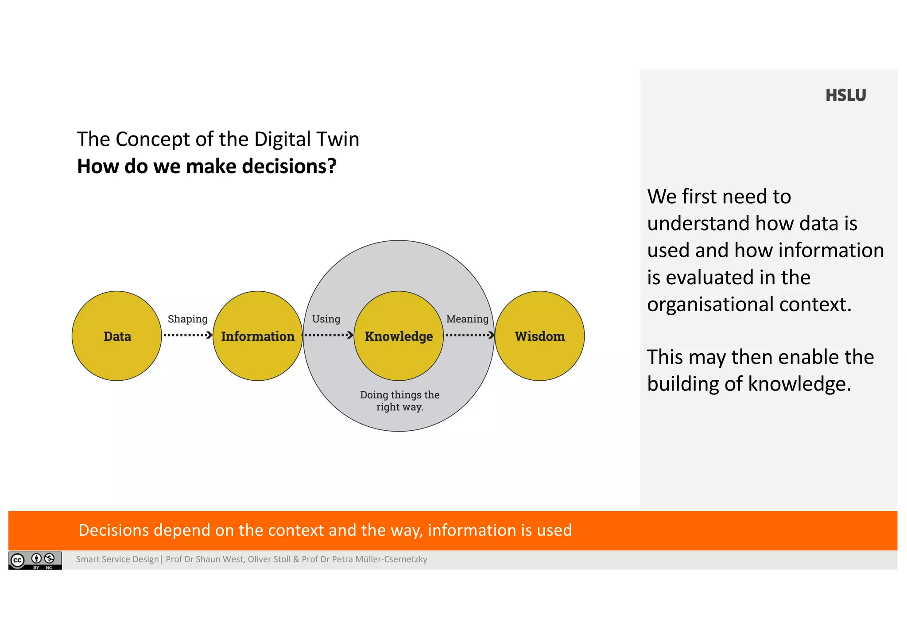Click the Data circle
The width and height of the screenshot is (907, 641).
pyautogui.click(x=117, y=336)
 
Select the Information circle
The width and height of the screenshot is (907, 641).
pyautogui.click(x=258, y=336)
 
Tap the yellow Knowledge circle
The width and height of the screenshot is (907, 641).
pyautogui.click(x=399, y=336)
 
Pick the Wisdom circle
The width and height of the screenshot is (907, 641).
pyautogui.click(x=539, y=336)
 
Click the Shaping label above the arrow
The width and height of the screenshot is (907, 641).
pyautogui.click(x=187, y=319)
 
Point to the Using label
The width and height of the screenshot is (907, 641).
pyautogui.click(x=326, y=319)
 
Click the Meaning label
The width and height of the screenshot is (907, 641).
pyautogui.click(x=467, y=319)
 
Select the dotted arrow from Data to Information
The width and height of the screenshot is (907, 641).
pyautogui.click(x=188, y=335)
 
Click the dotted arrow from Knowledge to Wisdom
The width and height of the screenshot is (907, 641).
pyautogui.click(x=469, y=335)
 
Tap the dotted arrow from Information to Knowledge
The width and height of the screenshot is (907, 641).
pyautogui.click(x=328, y=335)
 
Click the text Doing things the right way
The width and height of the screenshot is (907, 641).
pyautogui.click(x=399, y=401)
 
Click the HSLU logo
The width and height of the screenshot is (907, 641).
pyautogui.click(x=845, y=96)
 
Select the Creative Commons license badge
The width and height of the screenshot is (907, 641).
pyautogui.click(x=35, y=560)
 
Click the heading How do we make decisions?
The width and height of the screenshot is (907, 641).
pyautogui.click(x=207, y=166)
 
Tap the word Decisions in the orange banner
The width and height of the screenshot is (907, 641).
pyautogui.click(x=113, y=530)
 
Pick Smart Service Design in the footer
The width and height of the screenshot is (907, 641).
pyautogui.click(x=117, y=559)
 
